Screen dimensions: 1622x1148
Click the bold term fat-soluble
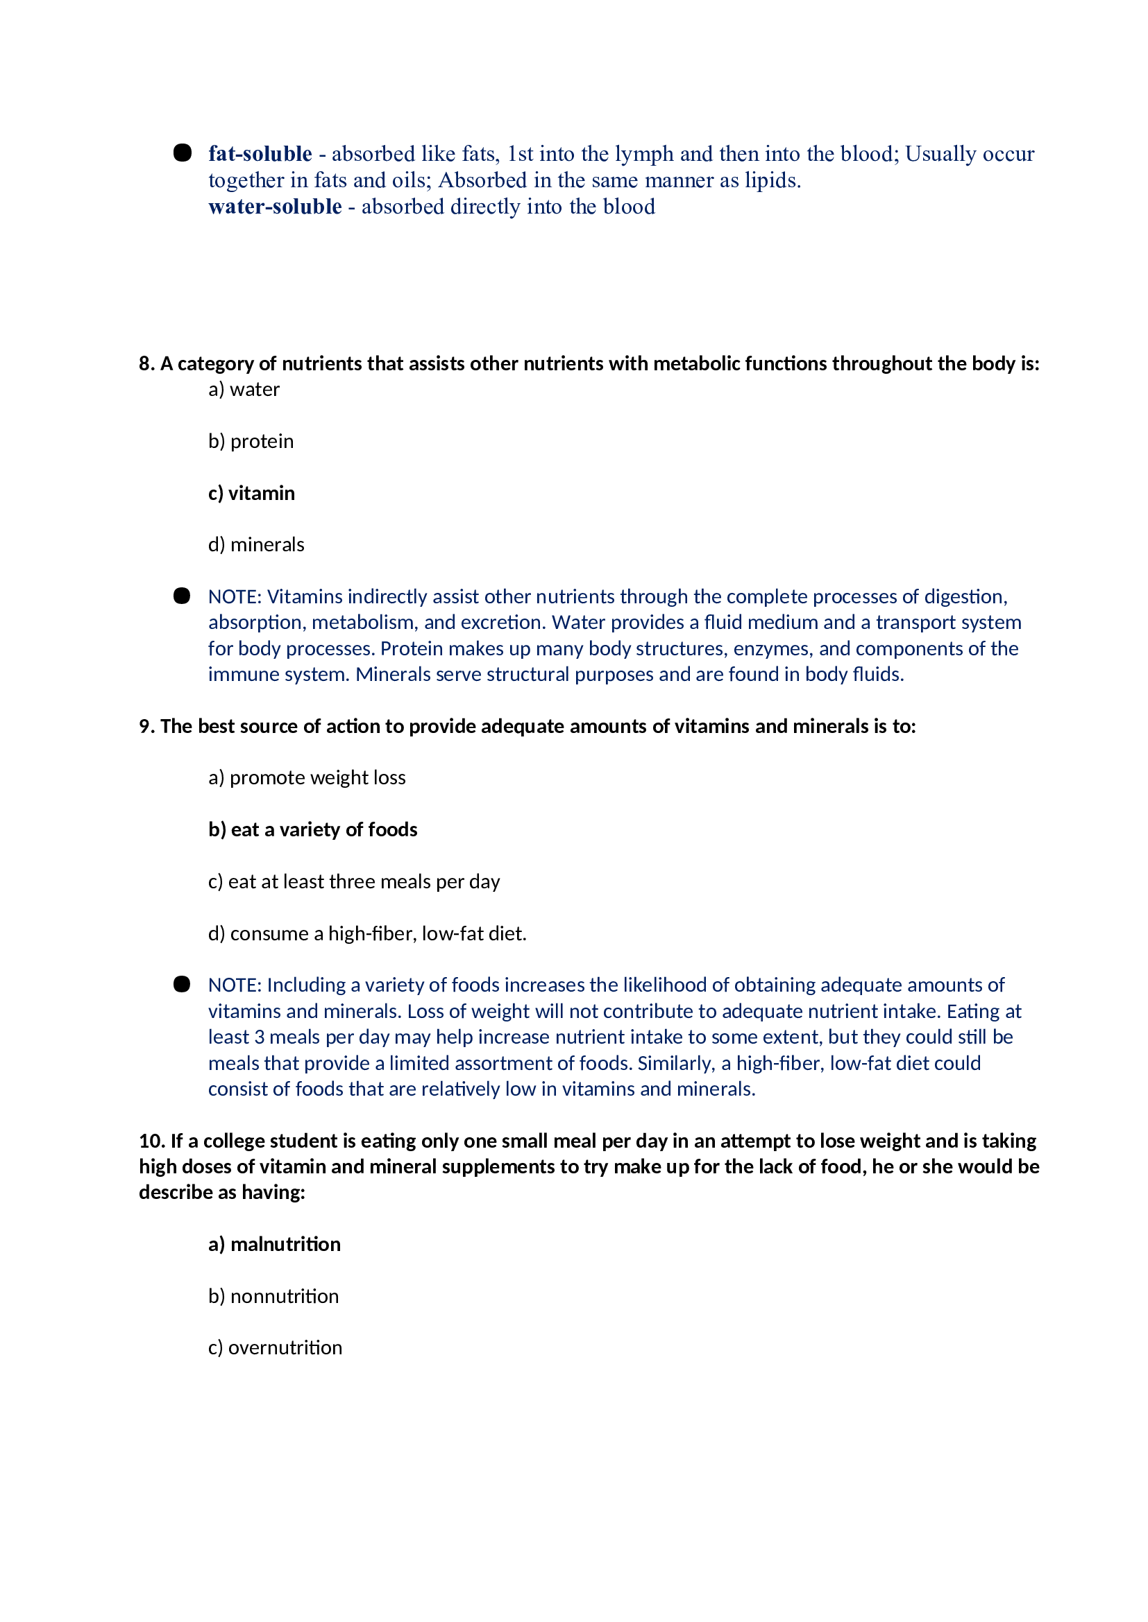coord(260,154)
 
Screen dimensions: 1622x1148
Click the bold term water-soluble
coord(274,207)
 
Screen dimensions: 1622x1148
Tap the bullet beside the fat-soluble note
coord(183,153)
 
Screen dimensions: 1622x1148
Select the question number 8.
coord(146,364)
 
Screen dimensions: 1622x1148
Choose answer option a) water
coord(244,390)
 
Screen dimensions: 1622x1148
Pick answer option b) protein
coord(251,442)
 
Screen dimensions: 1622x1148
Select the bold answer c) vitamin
coord(251,493)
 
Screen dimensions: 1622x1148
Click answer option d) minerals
coord(256,544)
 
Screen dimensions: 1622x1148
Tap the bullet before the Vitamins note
coord(182,596)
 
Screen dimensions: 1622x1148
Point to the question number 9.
coord(146,726)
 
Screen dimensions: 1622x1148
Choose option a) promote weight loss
coord(307,778)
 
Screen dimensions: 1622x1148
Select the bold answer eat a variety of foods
coord(312,829)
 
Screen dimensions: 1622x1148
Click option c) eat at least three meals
coord(353,881)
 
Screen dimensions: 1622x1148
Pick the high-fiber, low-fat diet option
coord(367,934)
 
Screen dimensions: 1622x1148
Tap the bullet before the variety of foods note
coord(182,984)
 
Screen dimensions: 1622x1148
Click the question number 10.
coord(151,1141)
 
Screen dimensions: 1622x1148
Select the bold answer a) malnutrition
coord(274,1244)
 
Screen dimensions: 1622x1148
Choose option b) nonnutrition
coord(273,1296)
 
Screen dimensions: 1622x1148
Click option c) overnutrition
coord(275,1348)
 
